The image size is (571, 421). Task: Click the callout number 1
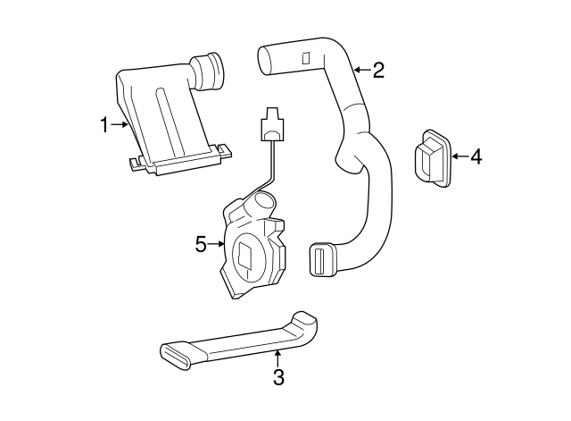pos(103,125)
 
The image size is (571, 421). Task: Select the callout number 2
pos(378,70)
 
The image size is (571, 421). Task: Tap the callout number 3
pos(278,378)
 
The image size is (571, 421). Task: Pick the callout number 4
pos(476,157)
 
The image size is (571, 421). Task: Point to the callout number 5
pos(201,243)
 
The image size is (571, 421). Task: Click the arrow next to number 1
pos(120,125)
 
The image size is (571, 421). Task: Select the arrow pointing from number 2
pos(360,69)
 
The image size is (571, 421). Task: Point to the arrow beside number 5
pos(217,243)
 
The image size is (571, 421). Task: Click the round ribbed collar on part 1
pos(211,70)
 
